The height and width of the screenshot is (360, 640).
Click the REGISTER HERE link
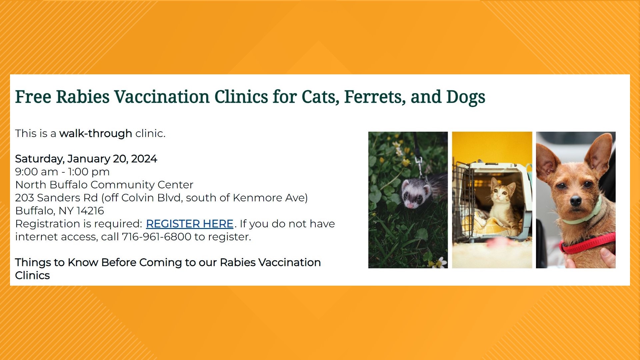pyautogui.click(x=189, y=224)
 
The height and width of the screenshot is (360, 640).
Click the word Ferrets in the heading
pyautogui.click(x=375, y=97)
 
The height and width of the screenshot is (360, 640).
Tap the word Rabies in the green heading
pyautogui.click(x=83, y=97)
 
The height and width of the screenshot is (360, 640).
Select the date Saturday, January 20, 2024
pyautogui.click(x=86, y=159)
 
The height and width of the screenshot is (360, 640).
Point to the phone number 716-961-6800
pyautogui.click(x=156, y=237)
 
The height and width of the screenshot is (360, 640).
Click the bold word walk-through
pyautogui.click(x=96, y=133)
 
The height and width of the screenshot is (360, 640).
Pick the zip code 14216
pyautogui.click(x=90, y=211)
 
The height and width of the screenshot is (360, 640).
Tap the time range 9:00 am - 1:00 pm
pyautogui.click(x=62, y=172)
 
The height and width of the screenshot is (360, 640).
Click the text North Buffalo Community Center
pyautogui.click(x=104, y=185)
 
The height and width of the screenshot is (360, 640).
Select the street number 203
pyautogui.click(x=24, y=198)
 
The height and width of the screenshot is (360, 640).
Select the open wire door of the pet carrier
pyautogui.click(x=463, y=200)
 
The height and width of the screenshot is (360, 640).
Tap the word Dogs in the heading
pyautogui.click(x=465, y=97)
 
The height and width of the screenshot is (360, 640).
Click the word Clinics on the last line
pyautogui.click(x=32, y=276)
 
